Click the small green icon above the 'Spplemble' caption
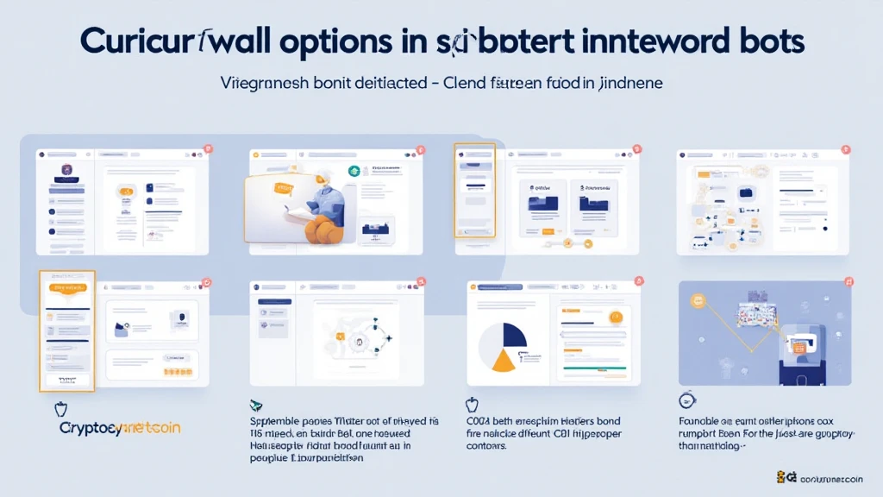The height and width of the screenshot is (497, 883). click(256, 405)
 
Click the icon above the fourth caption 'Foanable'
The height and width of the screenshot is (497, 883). click(687, 400)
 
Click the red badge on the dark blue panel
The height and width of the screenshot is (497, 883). click(849, 282)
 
